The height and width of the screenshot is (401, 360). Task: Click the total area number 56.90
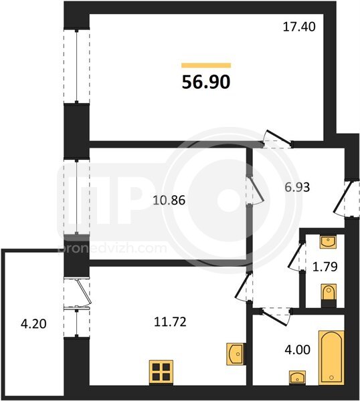coord(206,82)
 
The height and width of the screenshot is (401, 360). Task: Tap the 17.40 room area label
coord(299,27)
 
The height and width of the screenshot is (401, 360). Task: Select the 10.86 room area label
coord(169,200)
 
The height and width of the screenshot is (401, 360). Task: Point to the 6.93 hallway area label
coord(297,187)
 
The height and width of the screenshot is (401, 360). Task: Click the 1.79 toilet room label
coord(325,267)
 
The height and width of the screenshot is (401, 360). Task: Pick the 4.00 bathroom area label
coord(298,350)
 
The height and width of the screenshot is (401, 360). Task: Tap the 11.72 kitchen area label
coord(170,322)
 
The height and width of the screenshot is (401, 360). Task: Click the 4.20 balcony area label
coord(33,324)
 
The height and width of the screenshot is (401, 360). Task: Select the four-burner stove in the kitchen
coord(161,372)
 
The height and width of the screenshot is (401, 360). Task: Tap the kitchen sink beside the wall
coord(236,354)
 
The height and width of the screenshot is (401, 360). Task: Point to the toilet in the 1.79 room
coord(329,295)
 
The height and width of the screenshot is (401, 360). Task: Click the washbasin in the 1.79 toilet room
coord(328,242)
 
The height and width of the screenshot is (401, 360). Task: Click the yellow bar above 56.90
coord(206,65)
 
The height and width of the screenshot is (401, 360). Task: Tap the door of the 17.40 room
coord(278,140)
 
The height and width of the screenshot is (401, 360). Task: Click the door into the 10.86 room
coord(254,190)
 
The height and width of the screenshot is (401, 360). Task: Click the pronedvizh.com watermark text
coord(112,249)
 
